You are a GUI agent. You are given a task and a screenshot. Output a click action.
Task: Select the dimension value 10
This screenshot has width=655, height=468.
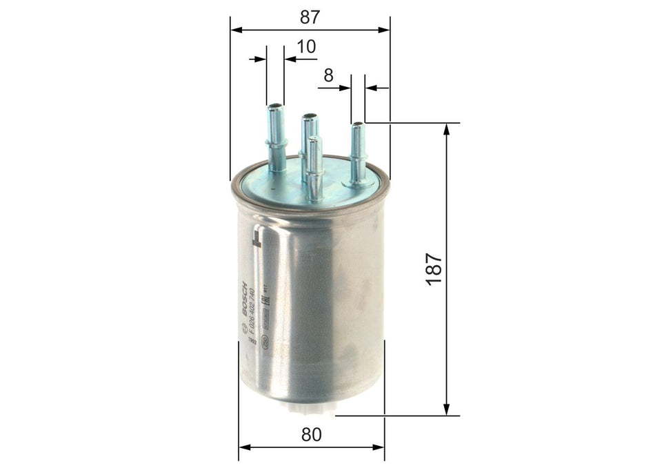(x=306, y=46)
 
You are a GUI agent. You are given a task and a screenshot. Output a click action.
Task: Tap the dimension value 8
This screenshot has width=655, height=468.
(x=328, y=75)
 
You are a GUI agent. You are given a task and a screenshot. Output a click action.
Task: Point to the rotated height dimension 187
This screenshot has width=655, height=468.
(x=434, y=269)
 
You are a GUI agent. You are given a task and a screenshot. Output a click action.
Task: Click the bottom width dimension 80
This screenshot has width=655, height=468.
(x=312, y=434)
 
